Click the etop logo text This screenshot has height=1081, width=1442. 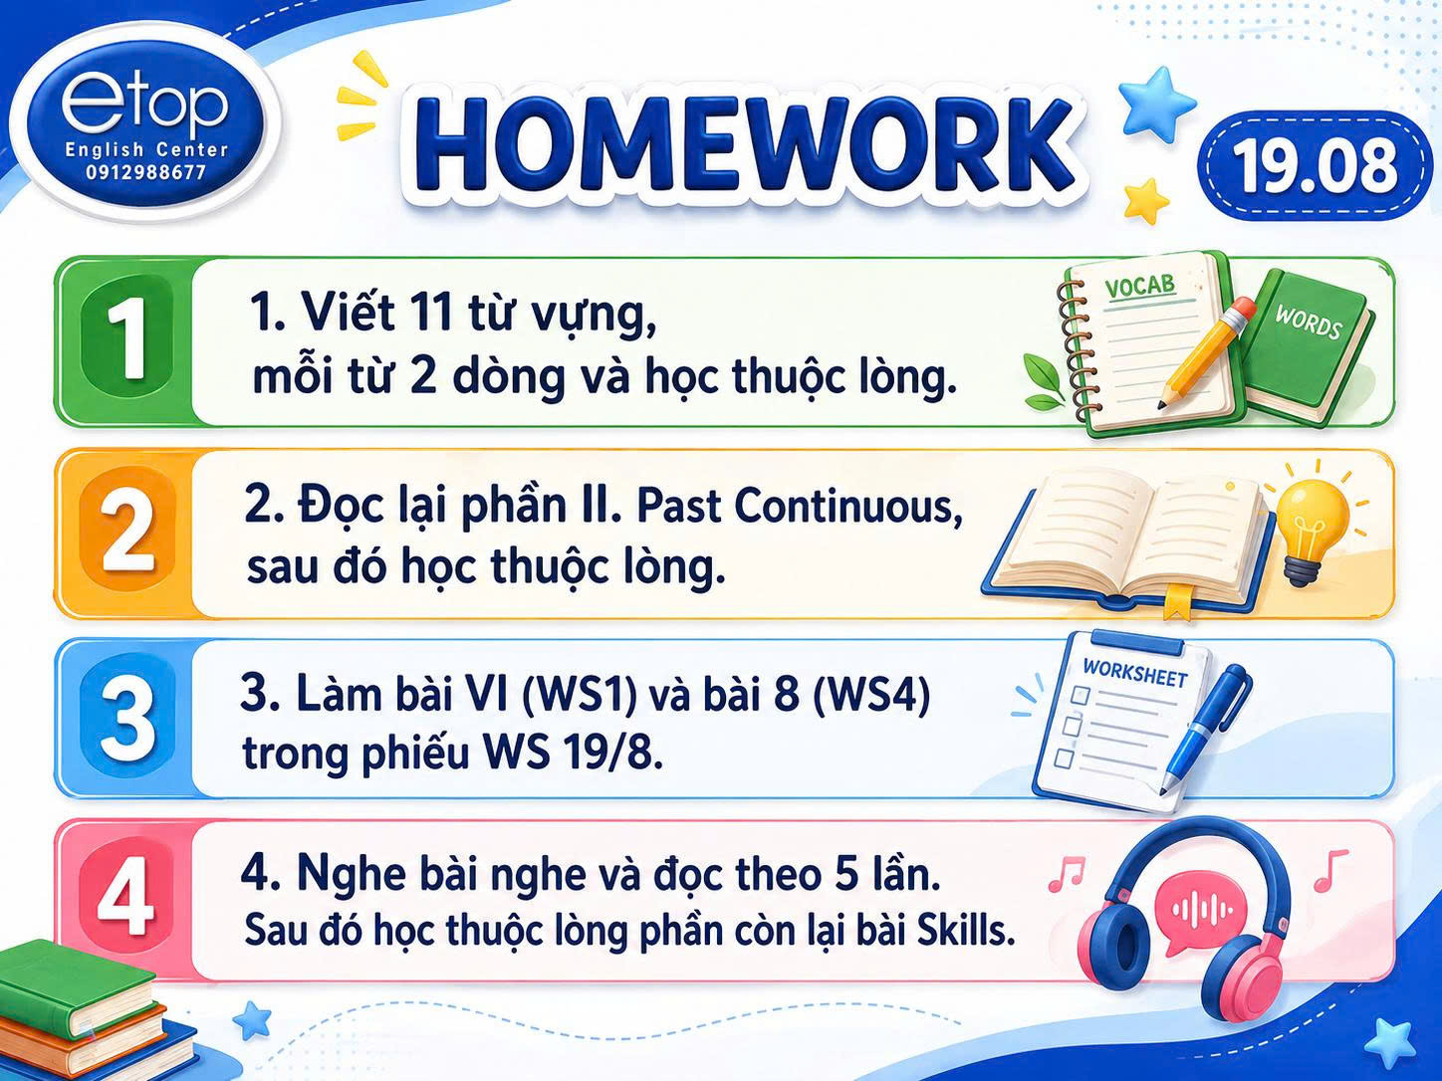click(144, 106)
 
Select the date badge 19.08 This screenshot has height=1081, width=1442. click(1315, 165)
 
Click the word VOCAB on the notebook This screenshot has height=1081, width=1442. click(1140, 286)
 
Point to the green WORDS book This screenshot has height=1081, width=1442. click(1308, 347)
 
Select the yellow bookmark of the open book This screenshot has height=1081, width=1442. click(1177, 600)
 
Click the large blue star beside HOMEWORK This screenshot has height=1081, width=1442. click(1155, 99)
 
